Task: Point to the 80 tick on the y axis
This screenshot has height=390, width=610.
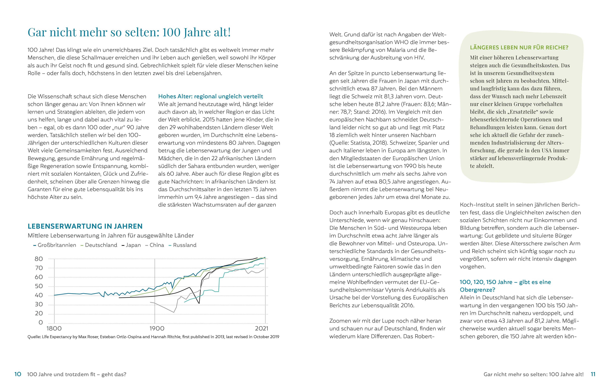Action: point(39,259)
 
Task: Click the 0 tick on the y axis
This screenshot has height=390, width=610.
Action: point(41,322)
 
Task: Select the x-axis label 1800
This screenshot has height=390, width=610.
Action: point(54,329)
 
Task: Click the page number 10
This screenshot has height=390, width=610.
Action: point(18,374)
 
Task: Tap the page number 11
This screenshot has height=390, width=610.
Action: point(593,374)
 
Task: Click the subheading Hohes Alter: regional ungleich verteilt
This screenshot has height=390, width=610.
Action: point(211,96)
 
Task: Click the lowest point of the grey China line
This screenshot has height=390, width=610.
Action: point(174,312)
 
